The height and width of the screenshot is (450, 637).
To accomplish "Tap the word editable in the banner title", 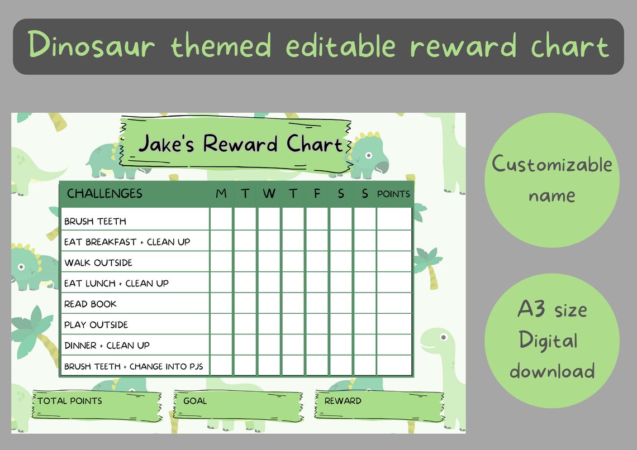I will (x=340, y=46).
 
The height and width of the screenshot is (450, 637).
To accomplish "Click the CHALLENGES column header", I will (x=105, y=194).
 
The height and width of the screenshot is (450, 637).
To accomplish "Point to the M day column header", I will (x=221, y=194).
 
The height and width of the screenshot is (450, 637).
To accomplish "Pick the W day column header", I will (x=269, y=194).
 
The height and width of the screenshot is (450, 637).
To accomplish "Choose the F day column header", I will (x=317, y=194).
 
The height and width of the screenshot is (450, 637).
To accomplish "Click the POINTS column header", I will (x=394, y=194).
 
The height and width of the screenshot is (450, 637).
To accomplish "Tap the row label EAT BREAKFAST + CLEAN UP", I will (x=127, y=242).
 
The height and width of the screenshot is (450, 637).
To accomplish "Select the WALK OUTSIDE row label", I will (x=98, y=262).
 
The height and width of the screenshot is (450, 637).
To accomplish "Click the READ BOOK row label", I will (x=91, y=304).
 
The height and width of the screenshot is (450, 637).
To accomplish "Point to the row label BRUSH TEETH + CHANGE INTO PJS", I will (x=134, y=366).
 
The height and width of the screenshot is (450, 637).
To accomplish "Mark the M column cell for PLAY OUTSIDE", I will (x=221, y=324).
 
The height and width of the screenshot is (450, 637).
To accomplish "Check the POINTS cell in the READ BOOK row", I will (x=394, y=304).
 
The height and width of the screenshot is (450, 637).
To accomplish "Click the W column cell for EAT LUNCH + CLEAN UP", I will (x=269, y=283).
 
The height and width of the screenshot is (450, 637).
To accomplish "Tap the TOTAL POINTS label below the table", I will (x=70, y=400).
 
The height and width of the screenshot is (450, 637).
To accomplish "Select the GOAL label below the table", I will (x=194, y=400).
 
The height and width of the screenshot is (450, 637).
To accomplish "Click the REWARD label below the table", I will (x=343, y=400).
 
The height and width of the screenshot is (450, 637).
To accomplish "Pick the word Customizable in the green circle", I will (x=552, y=165).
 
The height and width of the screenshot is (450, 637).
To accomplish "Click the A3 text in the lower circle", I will (x=531, y=309).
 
